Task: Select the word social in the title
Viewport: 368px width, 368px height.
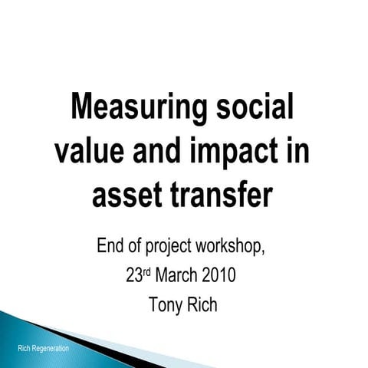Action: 252,107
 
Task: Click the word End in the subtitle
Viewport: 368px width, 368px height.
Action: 112,247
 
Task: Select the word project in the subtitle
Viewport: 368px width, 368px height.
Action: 174,248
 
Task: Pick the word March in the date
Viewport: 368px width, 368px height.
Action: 177,276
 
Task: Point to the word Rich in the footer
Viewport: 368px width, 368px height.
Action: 24,350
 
